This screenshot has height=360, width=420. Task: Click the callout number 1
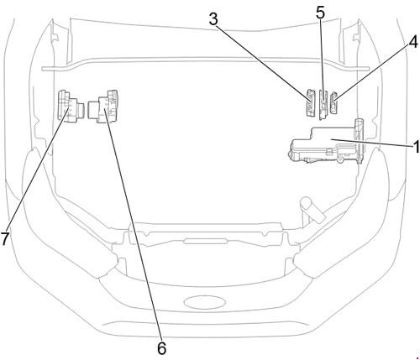[417, 146]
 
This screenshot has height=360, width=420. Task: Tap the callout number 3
[213, 19]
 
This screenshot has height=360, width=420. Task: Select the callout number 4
[413, 43]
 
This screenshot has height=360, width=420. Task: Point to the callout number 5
[321, 13]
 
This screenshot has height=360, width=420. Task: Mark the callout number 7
[5, 239]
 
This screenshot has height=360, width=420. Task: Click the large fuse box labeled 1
[325, 145]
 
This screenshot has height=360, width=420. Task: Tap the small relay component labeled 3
[311, 102]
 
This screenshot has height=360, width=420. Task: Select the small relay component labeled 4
[333, 102]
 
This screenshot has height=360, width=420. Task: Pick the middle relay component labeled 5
[323, 104]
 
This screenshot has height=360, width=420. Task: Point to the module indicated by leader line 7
[71, 107]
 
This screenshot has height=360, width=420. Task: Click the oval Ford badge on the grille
[205, 302]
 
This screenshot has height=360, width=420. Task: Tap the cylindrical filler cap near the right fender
[312, 209]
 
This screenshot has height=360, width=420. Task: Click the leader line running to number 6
[134, 225]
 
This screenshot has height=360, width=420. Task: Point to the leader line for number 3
[263, 63]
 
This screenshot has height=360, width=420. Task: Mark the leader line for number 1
[371, 142]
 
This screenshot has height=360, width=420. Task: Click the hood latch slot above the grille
[205, 242]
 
